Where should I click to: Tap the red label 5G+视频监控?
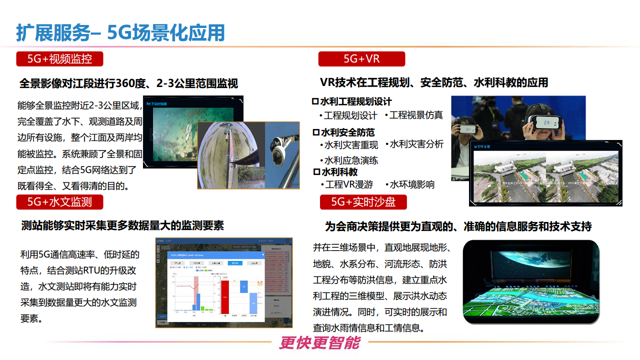(x=60, y=59)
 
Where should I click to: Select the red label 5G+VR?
(x=361, y=59)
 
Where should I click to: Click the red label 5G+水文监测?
(x=60, y=202)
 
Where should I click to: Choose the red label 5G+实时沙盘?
(x=363, y=202)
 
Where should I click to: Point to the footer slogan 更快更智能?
(x=319, y=343)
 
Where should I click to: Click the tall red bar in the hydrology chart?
(x=225, y=297)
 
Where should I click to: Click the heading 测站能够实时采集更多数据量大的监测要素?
(x=123, y=225)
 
